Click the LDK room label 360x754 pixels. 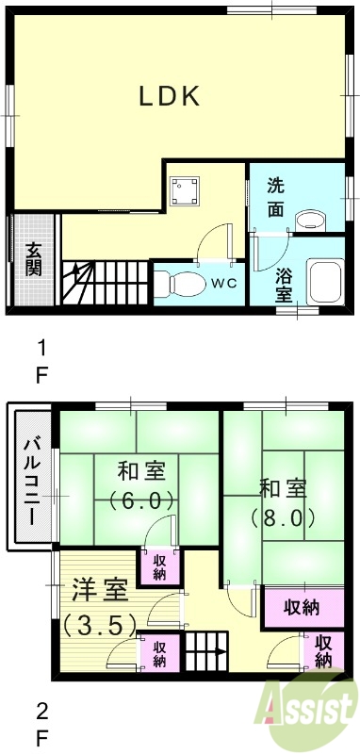[x=170, y=96]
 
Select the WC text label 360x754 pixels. [x=223, y=283]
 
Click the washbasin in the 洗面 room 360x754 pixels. [x=308, y=221]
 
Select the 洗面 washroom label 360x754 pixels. [x=274, y=197]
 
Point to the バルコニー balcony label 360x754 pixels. [x=30, y=480]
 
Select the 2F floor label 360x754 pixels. [x=41, y=721]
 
